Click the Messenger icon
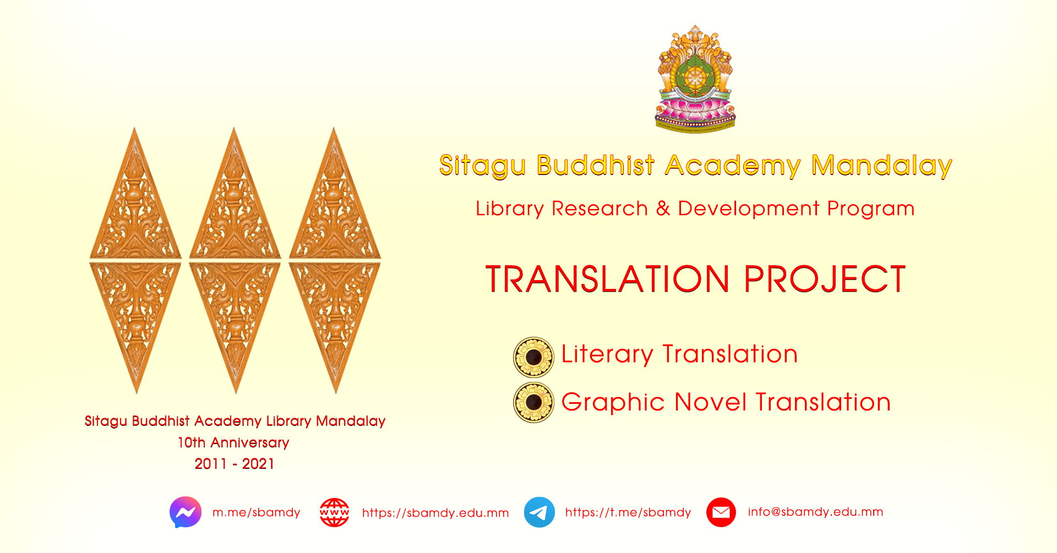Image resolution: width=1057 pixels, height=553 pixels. tap(186, 512)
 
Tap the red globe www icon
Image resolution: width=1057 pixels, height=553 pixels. tap(335, 513)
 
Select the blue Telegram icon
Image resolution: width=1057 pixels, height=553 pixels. tap(540, 512)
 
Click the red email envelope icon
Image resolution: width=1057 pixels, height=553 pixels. tap(721, 512)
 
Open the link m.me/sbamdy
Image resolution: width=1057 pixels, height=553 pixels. tap(257, 512)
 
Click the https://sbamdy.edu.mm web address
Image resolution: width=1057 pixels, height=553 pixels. tap(435, 513)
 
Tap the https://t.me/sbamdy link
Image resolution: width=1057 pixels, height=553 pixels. tap(628, 512)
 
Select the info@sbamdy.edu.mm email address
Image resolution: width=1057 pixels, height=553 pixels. tap(815, 512)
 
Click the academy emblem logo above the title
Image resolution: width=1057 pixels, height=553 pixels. tap(695, 79)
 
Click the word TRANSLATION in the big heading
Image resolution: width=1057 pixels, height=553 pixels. tap(608, 279)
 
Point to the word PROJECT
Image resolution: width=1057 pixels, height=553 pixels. tap(825, 279)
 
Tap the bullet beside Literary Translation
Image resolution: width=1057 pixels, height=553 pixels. tap(533, 357)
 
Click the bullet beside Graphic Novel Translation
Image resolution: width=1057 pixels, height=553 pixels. tap(533, 402)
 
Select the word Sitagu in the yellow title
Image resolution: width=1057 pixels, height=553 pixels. tap(483, 166)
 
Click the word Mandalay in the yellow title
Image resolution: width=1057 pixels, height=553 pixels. tap(882, 166)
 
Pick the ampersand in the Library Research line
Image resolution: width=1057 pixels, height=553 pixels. tap(663, 209)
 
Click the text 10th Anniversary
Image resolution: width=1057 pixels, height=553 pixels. tap(233, 442)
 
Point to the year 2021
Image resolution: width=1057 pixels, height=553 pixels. tap(258, 464)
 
